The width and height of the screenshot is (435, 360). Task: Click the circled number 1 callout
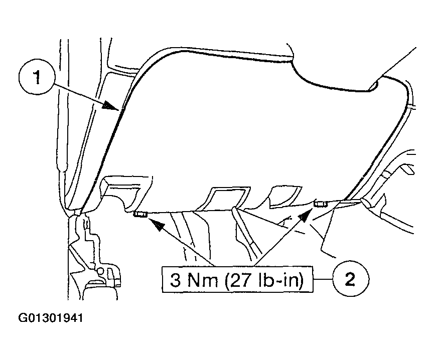(37, 77)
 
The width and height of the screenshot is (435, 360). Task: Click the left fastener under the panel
(140, 214)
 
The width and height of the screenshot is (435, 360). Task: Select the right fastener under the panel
(320, 205)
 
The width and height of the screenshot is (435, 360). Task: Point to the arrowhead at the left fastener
(156, 224)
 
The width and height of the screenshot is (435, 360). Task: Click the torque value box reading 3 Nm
(237, 279)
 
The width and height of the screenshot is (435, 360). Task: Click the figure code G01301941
(51, 318)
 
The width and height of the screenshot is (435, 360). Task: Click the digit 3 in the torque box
(175, 280)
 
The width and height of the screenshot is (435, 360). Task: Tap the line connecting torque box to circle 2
(323, 279)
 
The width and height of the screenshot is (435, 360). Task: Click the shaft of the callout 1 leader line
(79, 94)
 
